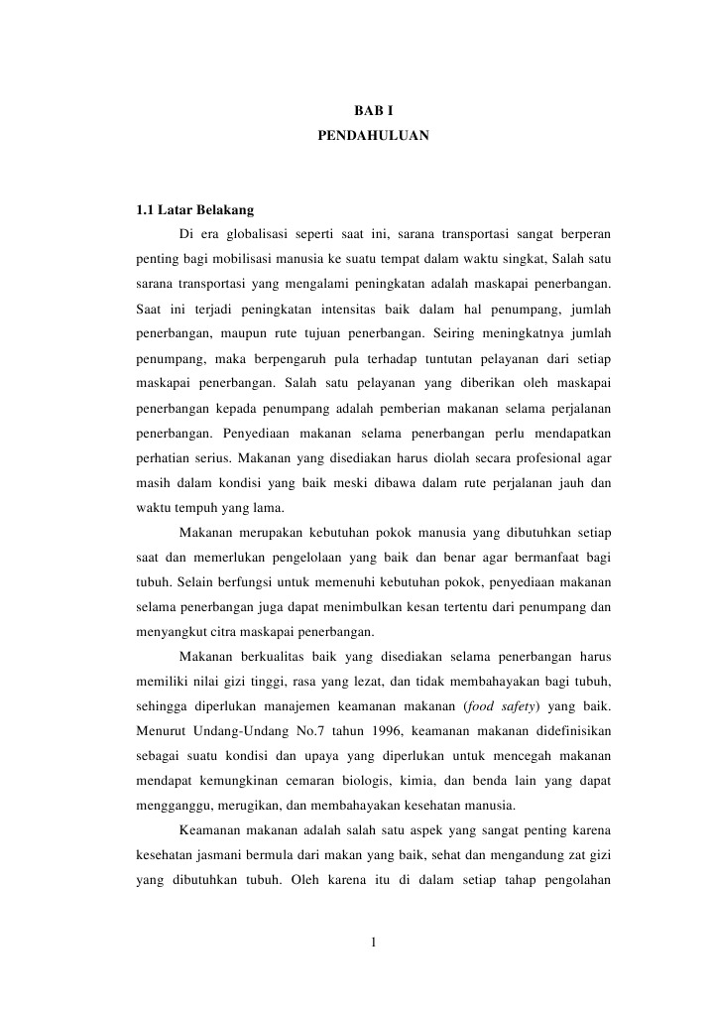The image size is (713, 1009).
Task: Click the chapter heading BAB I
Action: pos(373,109)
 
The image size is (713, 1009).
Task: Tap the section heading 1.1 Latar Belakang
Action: pos(194,209)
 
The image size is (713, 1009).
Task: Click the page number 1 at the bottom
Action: pos(372,942)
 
